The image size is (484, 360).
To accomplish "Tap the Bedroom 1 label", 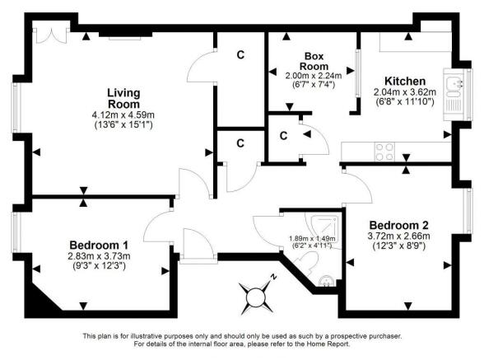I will [98, 245].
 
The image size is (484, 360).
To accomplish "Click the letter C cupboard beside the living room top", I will [240, 55].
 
